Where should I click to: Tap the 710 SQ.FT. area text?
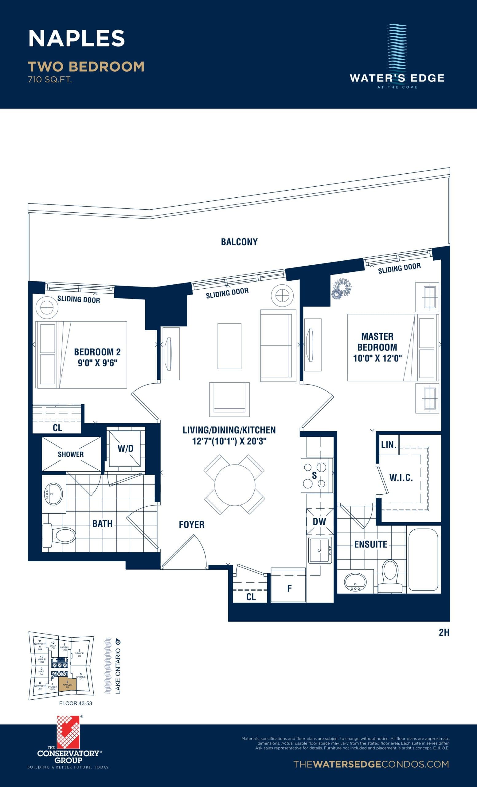point(50,80)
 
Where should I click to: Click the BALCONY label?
point(239,242)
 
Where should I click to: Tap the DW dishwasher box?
point(319,522)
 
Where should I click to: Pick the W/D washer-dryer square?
point(125,449)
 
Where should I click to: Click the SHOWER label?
point(71,454)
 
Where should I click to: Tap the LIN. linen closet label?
point(389,445)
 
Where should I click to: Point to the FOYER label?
point(191,524)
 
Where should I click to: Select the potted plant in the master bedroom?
point(341,289)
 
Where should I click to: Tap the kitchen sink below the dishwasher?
point(319,550)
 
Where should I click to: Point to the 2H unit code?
point(444,632)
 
